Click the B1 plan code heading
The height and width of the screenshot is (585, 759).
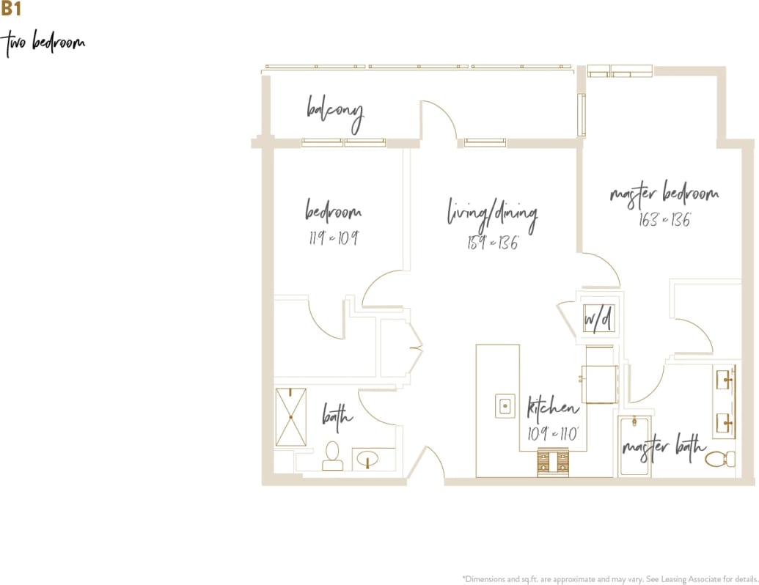pos(11,10)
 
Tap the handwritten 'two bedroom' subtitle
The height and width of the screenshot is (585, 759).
pos(45,43)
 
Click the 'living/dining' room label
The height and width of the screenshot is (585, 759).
pos(492,215)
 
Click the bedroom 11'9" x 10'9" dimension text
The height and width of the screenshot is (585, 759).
pos(333,238)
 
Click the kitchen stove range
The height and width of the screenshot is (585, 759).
pos(554,463)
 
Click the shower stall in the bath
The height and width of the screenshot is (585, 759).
pos(290,417)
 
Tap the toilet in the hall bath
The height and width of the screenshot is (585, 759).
pos(332,456)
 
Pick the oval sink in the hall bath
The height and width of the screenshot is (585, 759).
pos(366,460)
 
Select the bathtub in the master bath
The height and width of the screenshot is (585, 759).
pos(633,447)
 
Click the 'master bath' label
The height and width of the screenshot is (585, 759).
pos(664,446)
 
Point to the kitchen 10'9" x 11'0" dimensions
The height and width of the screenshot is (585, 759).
pos(554,433)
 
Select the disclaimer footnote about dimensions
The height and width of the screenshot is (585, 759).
pos(609,577)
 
